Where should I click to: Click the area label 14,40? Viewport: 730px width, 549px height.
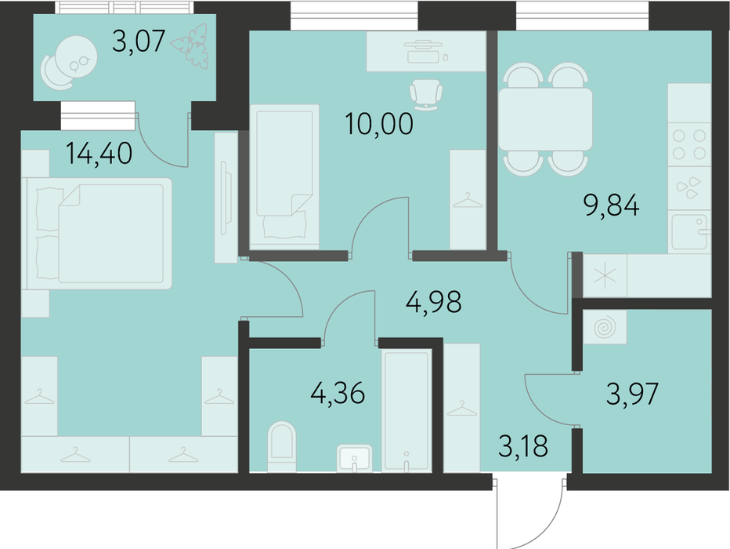tap(99, 154)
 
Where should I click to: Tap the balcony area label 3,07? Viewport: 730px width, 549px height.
tap(139, 41)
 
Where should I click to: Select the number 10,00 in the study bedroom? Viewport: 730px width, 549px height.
tap(379, 123)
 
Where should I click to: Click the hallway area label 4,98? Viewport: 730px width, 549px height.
tap(433, 301)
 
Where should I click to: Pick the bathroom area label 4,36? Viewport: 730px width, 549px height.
tap(338, 394)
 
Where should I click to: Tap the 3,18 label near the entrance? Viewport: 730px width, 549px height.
tap(522, 445)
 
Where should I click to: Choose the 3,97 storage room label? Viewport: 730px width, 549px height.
tap(632, 394)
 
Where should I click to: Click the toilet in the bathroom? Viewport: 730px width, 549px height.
tap(282, 446)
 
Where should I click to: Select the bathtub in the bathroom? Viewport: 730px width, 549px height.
tap(407, 411)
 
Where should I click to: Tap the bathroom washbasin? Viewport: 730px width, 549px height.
tap(354, 458)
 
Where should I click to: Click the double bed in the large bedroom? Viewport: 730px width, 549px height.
tap(99, 234)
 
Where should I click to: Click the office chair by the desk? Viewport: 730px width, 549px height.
tap(425, 95)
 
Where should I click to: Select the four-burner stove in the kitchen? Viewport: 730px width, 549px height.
tap(689, 144)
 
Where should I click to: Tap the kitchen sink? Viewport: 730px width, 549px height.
tap(689, 231)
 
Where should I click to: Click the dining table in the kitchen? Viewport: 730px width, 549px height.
tap(545, 119)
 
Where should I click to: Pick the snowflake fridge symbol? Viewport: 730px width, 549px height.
tap(605, 275)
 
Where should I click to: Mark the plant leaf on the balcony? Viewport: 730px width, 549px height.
tap(190, 45)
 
